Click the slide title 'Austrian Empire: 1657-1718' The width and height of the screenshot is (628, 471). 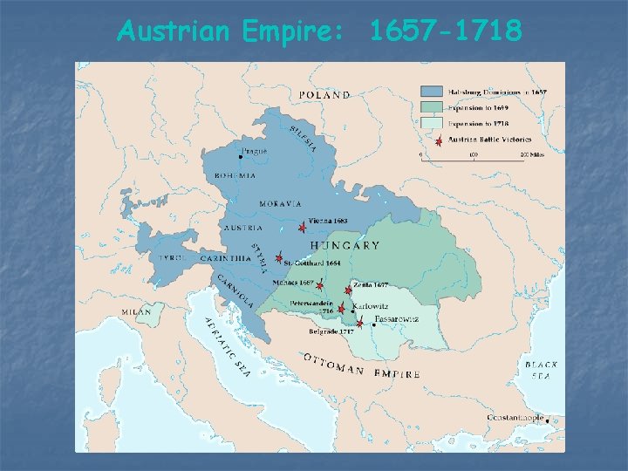click(x=319, y=31)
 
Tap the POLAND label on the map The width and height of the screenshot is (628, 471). click(x=324, y=95)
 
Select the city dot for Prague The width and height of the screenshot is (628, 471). click(x=240, y=157)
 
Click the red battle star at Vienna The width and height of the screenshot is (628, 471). click(x=302, y=227)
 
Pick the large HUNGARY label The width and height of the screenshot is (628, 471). click(x=345, y=246)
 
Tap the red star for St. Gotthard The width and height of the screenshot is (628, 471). click(x=278, y=259)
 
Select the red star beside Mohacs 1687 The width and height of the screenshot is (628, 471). click(x=320, y=285)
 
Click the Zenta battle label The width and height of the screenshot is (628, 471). click(x=372, y=285)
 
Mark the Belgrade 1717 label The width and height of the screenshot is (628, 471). click(x=331, y=332)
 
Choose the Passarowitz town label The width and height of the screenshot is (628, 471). click(x=397, y=319)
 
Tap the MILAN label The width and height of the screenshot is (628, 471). click(x=136, y=311)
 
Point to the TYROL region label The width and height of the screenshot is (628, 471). click(x=171, y=257)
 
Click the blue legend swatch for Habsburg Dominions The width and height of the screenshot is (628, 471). click(x=431, y=92)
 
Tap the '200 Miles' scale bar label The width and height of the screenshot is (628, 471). click(x=533, y=154)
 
